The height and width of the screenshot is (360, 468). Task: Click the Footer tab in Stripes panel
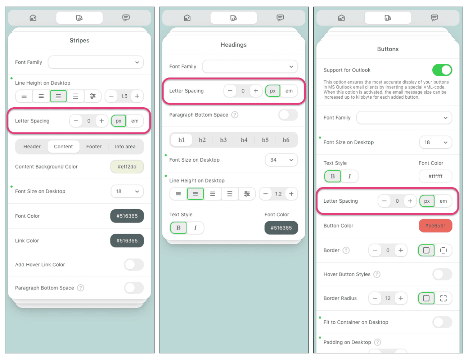[94, 147]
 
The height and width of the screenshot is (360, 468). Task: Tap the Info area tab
[125, 147]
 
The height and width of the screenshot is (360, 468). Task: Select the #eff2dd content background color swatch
[127, 167]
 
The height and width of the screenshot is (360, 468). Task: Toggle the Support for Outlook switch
[442, 70]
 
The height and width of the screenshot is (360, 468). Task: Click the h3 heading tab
[223, 140]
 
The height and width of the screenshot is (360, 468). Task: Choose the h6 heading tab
[286, 140]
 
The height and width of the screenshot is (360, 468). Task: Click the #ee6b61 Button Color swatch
[435, 226]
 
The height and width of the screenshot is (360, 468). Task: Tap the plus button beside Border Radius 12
[401, 298]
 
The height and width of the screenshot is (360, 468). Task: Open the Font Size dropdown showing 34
[281, 160]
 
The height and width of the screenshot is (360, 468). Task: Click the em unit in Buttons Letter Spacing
[443, 201]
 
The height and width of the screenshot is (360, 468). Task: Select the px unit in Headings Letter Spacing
[273, 91]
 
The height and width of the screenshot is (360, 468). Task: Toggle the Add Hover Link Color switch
[134, 265]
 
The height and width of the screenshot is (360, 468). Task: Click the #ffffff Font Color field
[435, 176]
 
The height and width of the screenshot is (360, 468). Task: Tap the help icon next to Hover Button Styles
[377, 274]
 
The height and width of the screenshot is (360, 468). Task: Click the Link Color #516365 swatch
[127, 240]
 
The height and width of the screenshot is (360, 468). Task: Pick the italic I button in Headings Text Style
[195, 228]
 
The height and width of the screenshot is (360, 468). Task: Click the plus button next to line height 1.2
[291, 194]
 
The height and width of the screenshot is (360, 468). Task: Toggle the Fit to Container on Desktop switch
[442, 322]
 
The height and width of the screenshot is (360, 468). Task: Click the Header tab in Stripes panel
[32, 147]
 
